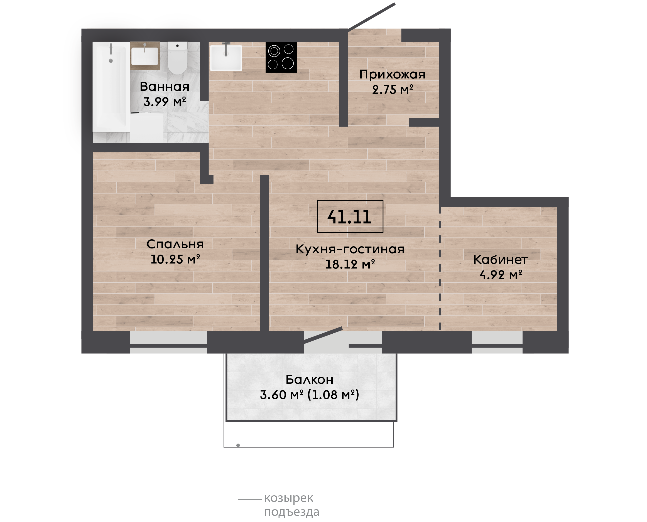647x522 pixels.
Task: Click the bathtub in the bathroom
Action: [111, 87]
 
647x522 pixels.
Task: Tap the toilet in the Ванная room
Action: [177, 58]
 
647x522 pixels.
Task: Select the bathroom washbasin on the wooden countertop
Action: [145, 56]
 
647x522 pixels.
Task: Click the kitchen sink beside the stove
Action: [226, 58]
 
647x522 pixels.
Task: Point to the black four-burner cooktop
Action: [281, 57]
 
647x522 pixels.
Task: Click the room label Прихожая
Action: [392, 75]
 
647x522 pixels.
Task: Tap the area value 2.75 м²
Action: [393, 90]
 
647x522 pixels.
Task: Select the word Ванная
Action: [165, 87]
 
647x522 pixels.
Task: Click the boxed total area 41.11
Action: [350, 216]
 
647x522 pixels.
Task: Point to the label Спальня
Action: [175, 244]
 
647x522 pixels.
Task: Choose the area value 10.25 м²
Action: [175, 259]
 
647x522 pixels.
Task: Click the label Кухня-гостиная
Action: [350, 249]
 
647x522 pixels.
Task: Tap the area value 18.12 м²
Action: [350, 264]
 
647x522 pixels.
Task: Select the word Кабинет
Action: [501, 260]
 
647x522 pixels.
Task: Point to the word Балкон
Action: [310, 380]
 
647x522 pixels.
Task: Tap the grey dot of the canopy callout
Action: [238, 445]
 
